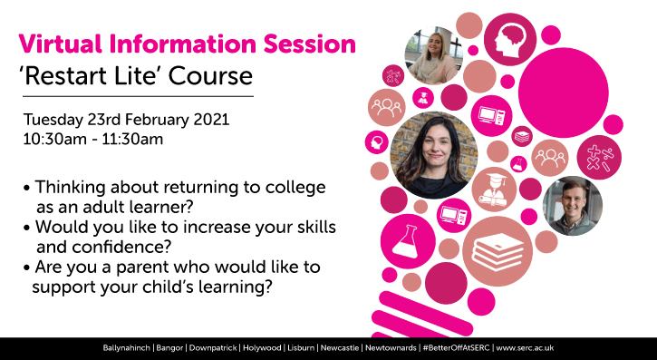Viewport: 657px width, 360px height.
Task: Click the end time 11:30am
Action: pyautogui.click(x=128, y=141)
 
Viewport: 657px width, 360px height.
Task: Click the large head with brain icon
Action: pyautogui.click(x=509, y=40)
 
